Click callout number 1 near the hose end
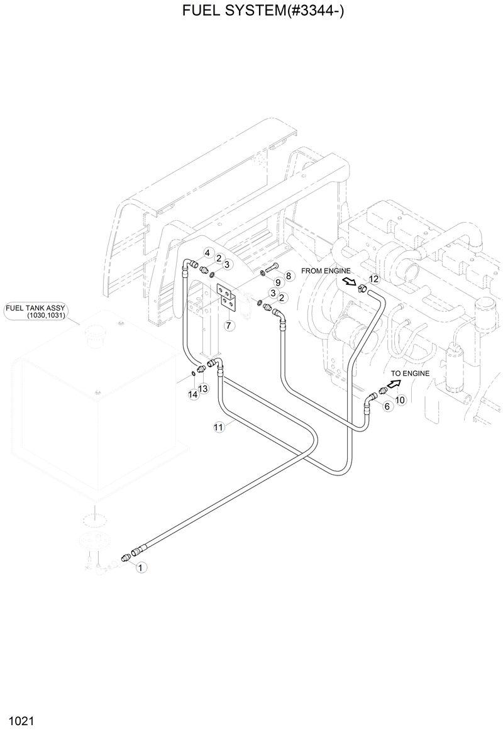click(141, 567)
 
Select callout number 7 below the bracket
click(228, 326)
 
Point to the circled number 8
click(289, 275)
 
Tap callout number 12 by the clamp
click(373, 279)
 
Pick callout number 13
click(203, 389)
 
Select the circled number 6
click(387, 406)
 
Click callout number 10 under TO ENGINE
click(400, 399)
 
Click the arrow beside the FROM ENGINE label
click(349, 282)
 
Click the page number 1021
click(21, 718)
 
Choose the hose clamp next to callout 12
click(362, 289)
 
